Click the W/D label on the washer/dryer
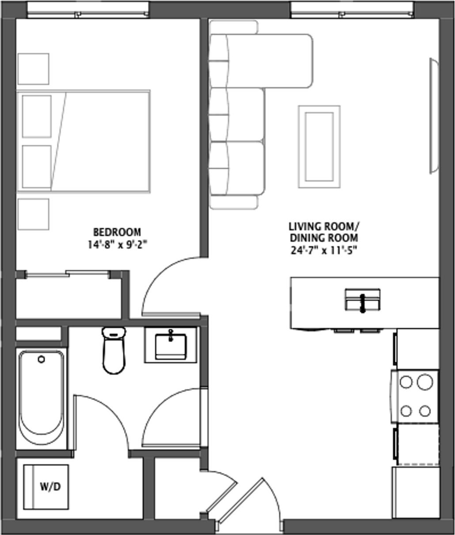point(50,487)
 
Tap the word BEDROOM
point(117,232)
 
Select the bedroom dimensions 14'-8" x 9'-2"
point(117,244)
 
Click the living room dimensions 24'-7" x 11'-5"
point(324,251)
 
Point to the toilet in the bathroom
point(114,351)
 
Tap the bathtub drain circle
point(42,359)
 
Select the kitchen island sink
point(362,300)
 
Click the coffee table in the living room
point(319,146)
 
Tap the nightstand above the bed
point(33,69)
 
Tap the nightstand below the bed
point(33,214)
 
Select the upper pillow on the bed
point(37,116)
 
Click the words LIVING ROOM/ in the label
point(324,227)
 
